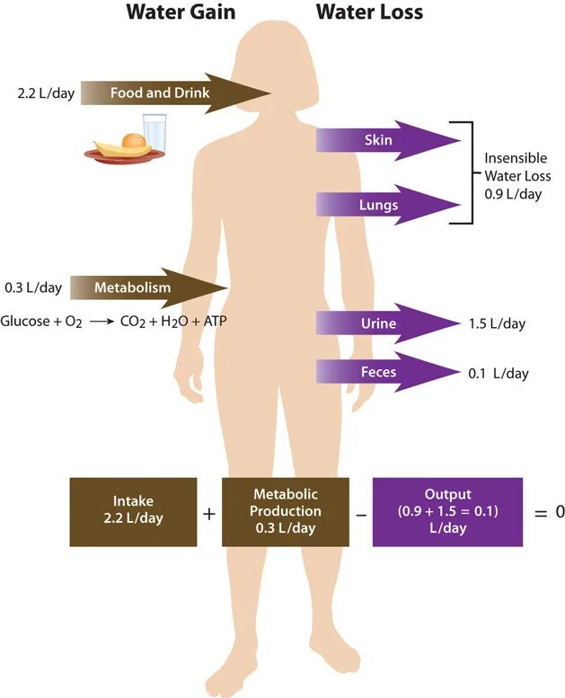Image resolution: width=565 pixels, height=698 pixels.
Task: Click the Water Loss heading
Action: pos(368,13)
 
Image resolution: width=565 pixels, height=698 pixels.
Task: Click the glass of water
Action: pos(155,132)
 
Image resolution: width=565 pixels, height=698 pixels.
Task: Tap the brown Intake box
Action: pos(133,511)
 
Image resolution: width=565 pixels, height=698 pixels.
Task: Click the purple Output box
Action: pos(446,511)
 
